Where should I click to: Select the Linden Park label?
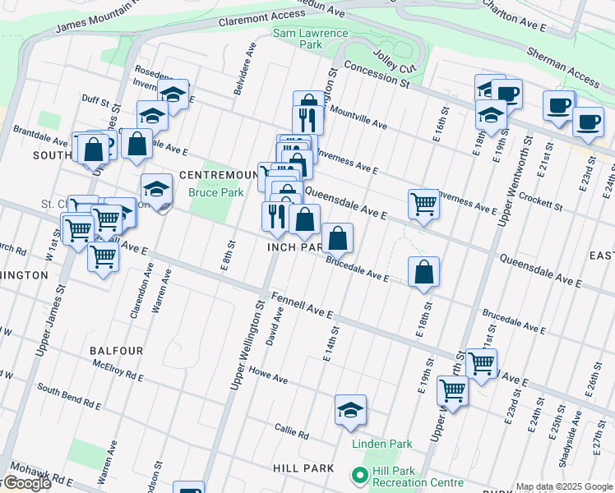(x=381, y=444)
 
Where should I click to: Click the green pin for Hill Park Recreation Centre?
(x=358, y=476)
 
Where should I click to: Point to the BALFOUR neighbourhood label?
(x=117, y=351)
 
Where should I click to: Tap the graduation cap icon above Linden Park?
(x=350, y=411)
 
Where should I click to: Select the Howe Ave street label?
(x=268, y=376)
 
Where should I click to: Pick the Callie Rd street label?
(x=292, y=432)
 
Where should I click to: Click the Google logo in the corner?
(x=26, y=483)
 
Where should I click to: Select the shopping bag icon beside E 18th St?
(x=423, y=273)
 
